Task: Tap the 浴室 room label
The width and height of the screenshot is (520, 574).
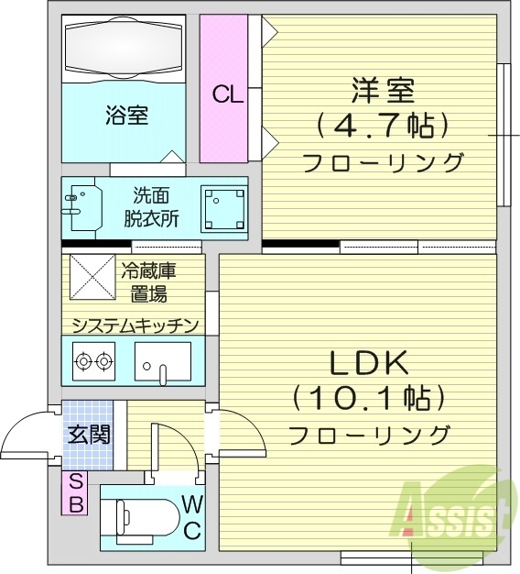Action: coord(126,116)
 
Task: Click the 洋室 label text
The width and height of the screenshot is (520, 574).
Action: coord(382,91)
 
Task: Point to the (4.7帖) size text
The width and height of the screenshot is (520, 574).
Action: coord(382,125)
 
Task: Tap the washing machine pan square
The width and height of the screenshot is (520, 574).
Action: coord(223,208)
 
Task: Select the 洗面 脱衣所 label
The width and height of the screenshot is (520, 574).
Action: coord(151,207)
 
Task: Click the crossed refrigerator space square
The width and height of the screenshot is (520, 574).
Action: coord(89,276)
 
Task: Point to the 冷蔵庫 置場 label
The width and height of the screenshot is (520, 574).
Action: coord(151,282)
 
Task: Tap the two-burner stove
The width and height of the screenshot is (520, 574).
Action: coord(94,360)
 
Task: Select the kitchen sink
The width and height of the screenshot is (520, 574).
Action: coord(163,361)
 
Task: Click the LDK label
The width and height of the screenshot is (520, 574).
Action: coord(368,363)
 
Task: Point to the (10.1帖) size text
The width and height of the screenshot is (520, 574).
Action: coord(368,398)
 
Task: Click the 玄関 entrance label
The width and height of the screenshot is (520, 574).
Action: coord(88,433)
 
